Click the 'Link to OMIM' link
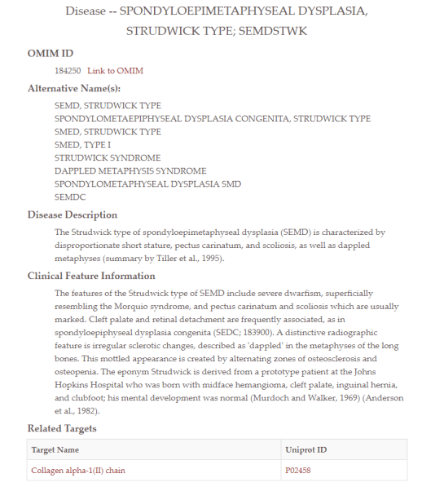tap(115, 71)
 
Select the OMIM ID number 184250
tap(68, 71)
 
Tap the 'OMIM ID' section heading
tap(51, 54)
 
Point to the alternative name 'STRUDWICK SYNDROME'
tap(108, 157)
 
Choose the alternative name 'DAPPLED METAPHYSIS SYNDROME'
tap(130, 170)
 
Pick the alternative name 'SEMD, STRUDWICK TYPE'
tap(108, 105)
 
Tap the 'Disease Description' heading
tap(73, 215)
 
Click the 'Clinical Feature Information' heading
tap(91, 277)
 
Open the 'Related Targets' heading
tap(62, 428)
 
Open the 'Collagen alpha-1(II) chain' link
tap(78, 470)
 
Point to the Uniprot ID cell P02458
tap(299, 470)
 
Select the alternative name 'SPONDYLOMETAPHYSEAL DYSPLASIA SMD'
tap(147, 184)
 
